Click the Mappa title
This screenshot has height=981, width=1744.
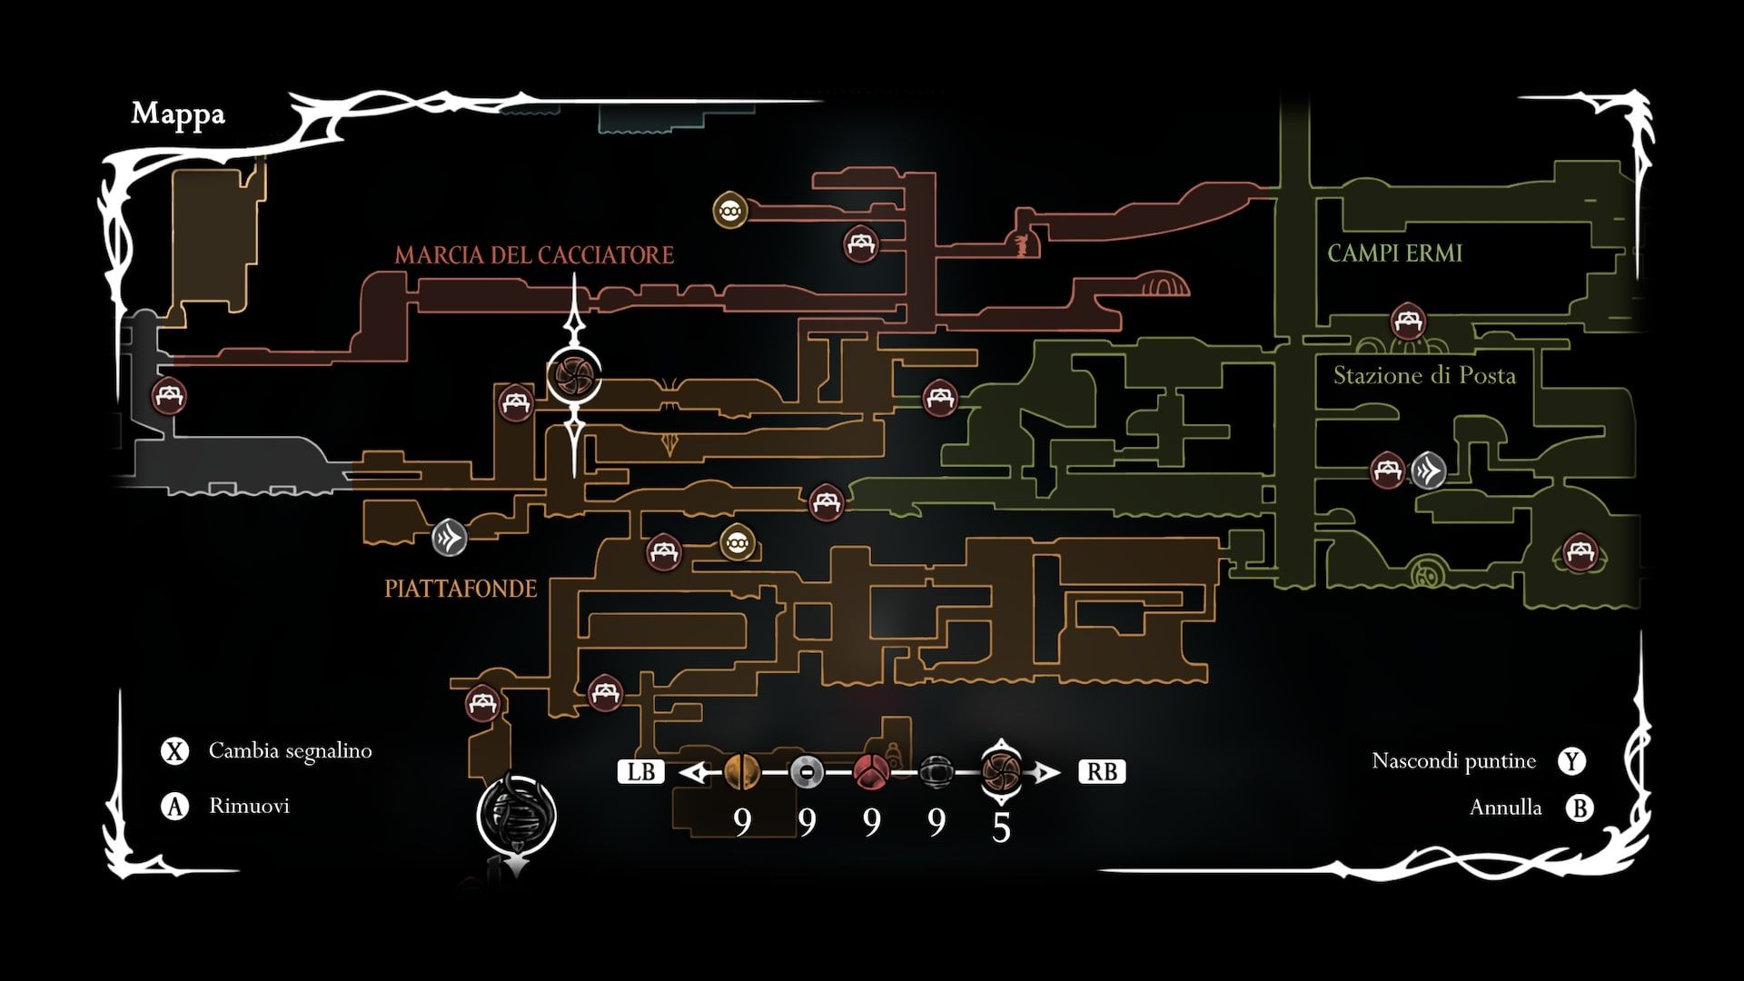178,114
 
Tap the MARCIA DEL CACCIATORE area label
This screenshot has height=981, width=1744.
534,255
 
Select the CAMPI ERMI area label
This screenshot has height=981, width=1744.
1394,253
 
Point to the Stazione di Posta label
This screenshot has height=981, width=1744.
1423,375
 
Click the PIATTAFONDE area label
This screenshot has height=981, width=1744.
461,589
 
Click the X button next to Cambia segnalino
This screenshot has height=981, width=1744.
173,751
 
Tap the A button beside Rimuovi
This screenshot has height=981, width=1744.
173,807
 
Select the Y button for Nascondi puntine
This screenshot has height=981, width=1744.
1572,761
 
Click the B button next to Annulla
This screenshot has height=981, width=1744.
1580,808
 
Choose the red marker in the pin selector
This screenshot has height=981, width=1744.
871,772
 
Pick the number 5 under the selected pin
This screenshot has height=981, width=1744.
1001,827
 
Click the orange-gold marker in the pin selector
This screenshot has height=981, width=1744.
741,772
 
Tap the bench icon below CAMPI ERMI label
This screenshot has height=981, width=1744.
1408,321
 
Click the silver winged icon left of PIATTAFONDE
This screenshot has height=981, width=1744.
449,537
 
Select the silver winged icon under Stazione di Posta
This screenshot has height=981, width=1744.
1428,471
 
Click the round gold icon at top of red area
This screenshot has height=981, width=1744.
729,211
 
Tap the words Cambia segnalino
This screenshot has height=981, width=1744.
290,751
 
